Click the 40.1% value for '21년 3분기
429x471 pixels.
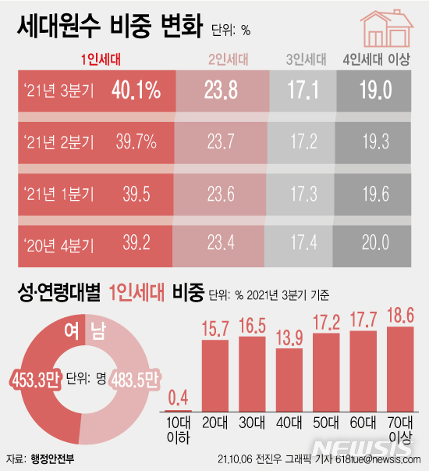pyautogui.click(x=135, y=91)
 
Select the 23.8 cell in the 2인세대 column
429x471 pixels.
pyautogui.click(x=222, y=91)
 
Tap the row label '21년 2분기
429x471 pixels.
pyautogui.click(x=59, y=142)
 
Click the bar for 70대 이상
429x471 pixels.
pyautogui.click(x=401, y=368)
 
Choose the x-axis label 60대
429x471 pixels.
pyautogui.click(x=363, y=422)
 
